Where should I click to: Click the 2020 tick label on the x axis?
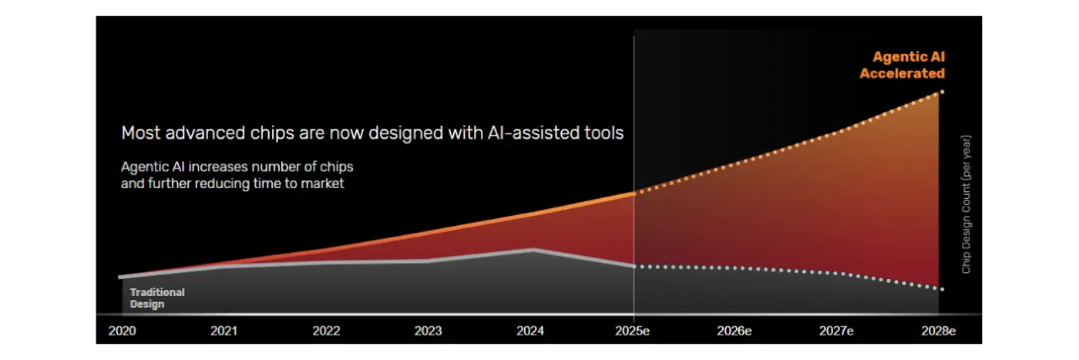tap(122, 331)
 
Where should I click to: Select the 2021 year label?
tap(224, 331)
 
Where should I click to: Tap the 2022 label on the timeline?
tap(326, 331)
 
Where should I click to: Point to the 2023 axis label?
tap(428, 331)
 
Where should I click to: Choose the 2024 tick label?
tap(530, 331)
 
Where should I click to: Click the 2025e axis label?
tap(634, 331)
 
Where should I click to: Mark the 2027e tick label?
tap(836, 331)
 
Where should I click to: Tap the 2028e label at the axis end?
tap(938, 331)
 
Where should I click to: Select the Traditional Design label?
tap(157, 298)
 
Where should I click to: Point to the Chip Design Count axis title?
tap(966, 204)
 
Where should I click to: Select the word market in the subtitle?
tap(324, 184)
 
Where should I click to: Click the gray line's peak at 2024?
tap(532, 249)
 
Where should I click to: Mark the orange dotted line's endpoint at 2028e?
tap(942, 92)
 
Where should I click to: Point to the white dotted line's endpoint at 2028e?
tap(942, 289)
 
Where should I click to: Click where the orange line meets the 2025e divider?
tap(634, 193)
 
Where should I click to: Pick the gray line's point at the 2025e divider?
tap(634, 266)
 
